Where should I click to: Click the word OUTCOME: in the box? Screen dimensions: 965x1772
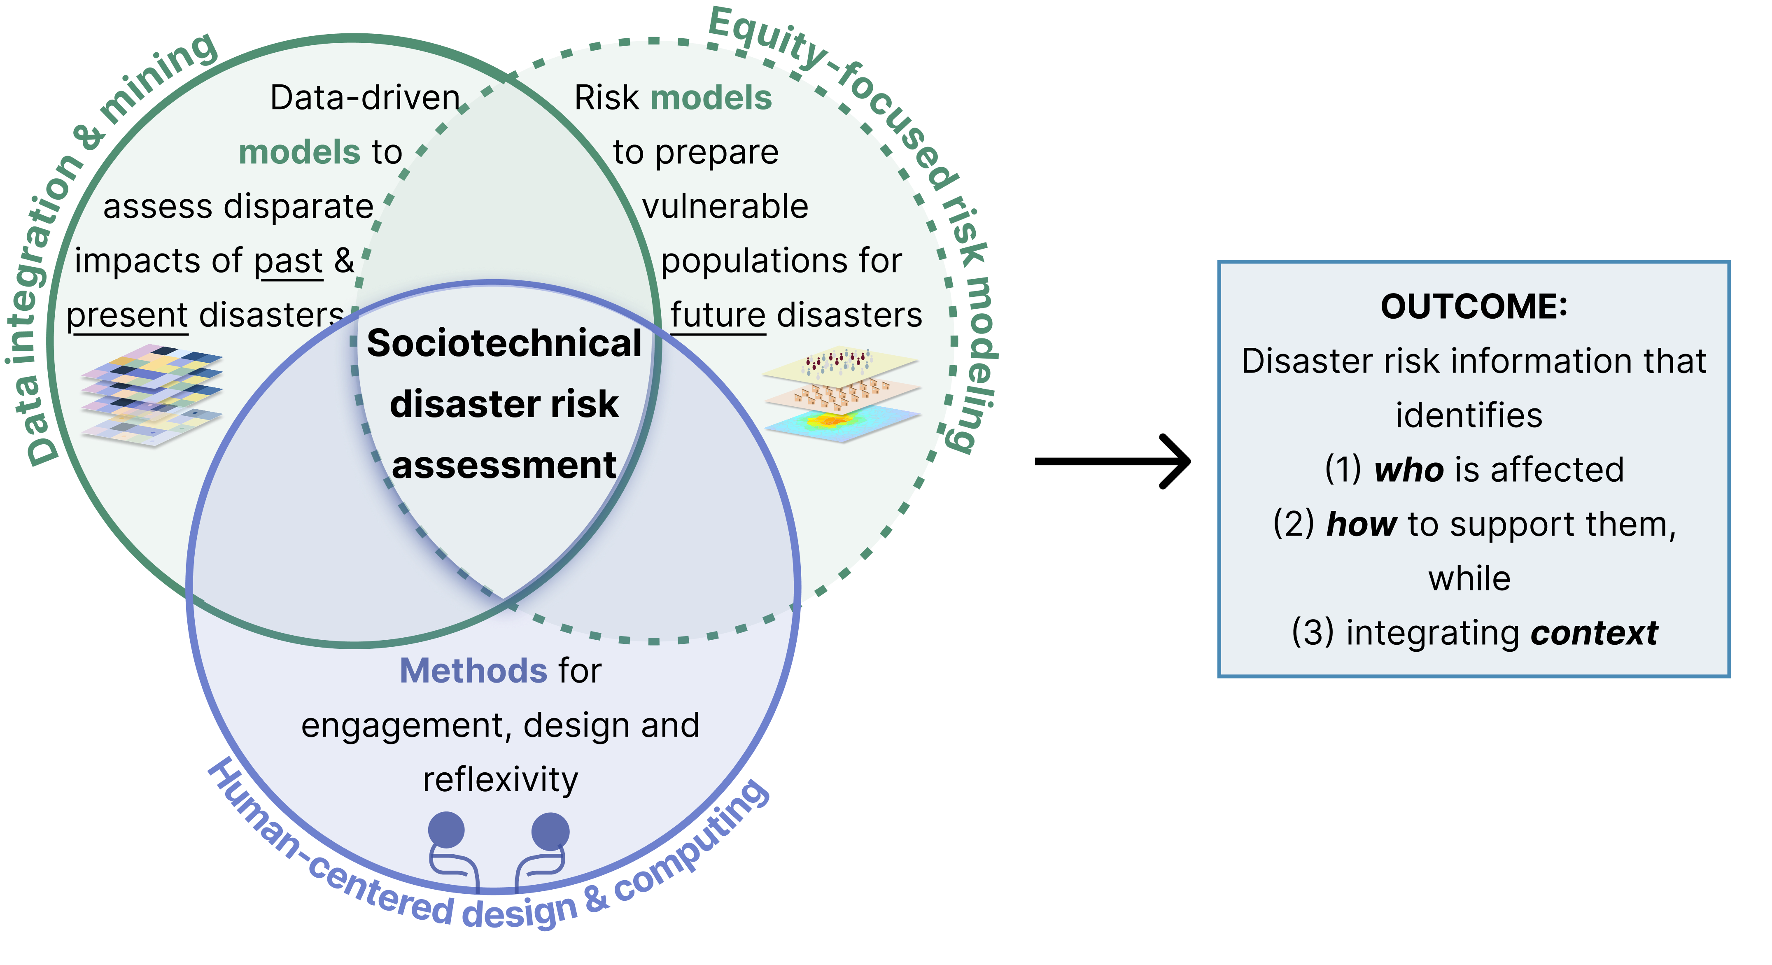click(1474, 307)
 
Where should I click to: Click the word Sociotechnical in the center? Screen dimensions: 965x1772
click(504, 343)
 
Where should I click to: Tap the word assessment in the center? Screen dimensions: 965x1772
click(504, 466)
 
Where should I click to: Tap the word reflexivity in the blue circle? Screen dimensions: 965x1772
click(500, 780)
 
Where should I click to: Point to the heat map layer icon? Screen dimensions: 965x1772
click(843, 421)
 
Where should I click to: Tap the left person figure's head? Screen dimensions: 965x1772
click(446, 830)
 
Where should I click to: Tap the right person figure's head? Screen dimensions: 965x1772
click(550, 830)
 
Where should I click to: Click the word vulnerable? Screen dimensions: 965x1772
click(725, 206)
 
